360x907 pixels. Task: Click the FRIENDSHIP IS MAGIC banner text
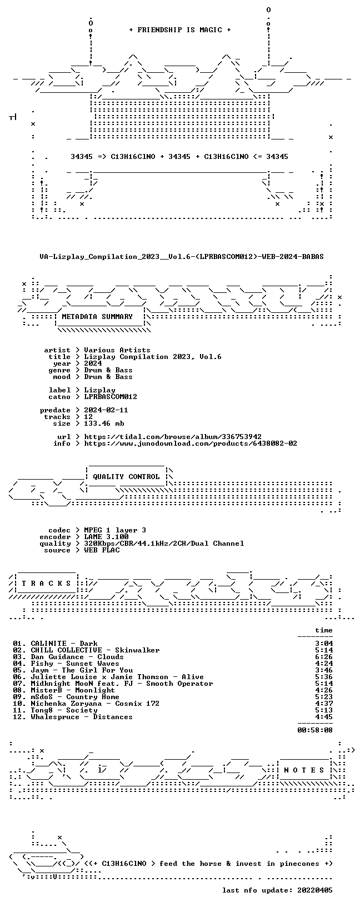coord(180,30)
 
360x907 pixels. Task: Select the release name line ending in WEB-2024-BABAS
coord(182,256)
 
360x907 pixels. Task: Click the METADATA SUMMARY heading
coord(97,317)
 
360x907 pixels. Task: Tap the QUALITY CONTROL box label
coord(126,477)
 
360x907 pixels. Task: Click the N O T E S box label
coord(304,770)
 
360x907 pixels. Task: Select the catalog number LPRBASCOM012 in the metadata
coord(111,397)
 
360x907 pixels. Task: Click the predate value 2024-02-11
coord(106,410)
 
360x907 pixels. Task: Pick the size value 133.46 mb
coord(104,423)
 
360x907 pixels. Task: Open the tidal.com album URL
coord(173,437)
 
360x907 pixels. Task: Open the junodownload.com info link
coord(191,443)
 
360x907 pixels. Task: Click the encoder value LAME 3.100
coord(106,537)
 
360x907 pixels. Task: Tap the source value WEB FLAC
coord(102,550)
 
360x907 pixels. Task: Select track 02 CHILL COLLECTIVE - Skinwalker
coord(86,650)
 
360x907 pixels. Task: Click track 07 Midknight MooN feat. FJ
coord(113,684)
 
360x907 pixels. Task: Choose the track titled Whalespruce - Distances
coord(73,717)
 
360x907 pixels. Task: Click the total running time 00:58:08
coord(315,730)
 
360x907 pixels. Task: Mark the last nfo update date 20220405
coord(315,890)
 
